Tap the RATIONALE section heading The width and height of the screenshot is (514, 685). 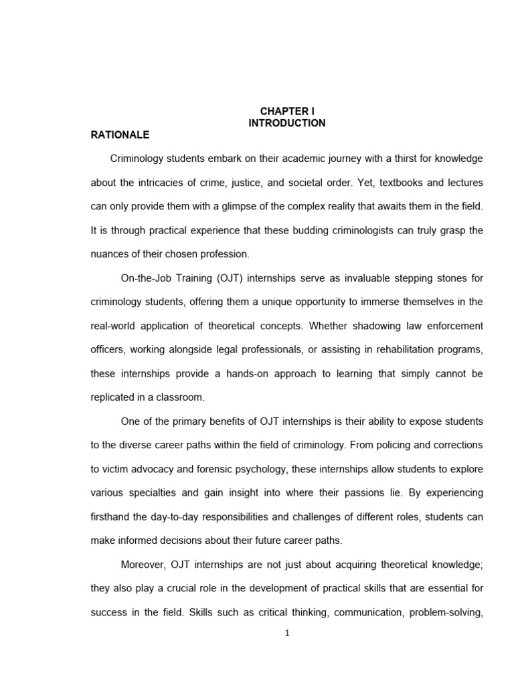(120, 134)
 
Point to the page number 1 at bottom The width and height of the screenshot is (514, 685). (286, 635)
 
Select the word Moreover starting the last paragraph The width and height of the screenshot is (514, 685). (143, 564)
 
